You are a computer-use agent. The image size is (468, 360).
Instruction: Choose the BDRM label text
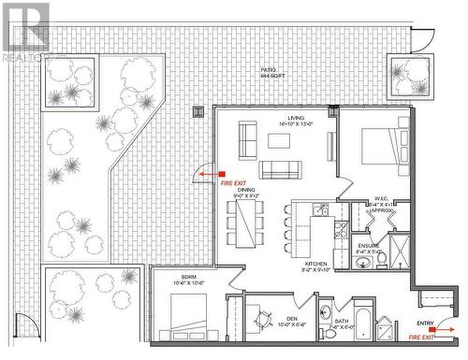point(188,278)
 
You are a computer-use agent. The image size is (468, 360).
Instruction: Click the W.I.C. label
point(382,198)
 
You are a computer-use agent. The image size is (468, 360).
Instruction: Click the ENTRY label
point(426,324)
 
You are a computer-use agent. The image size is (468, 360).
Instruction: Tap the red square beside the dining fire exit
point(223,174)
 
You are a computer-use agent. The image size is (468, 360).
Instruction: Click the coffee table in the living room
point(279,141)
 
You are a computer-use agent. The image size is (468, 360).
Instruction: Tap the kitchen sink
point(320,211)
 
